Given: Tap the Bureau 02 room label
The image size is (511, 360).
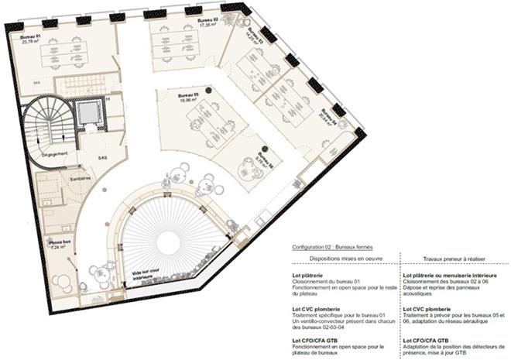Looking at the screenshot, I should click(207, 19).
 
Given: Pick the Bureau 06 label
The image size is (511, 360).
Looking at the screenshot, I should click(266, 160).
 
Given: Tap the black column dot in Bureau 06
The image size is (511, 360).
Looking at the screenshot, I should click(263, 147).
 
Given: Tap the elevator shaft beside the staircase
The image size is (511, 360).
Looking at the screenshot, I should click(91, 114).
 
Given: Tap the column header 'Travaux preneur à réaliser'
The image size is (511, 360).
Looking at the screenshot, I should click(453, 258).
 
